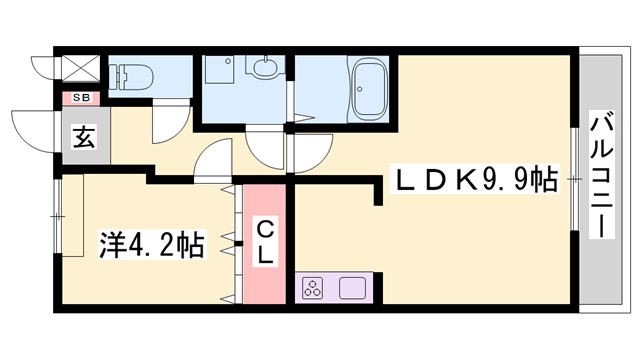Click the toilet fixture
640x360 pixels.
133,74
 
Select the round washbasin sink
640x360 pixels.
264,69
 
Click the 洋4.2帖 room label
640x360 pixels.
151,243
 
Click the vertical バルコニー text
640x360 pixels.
601,176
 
